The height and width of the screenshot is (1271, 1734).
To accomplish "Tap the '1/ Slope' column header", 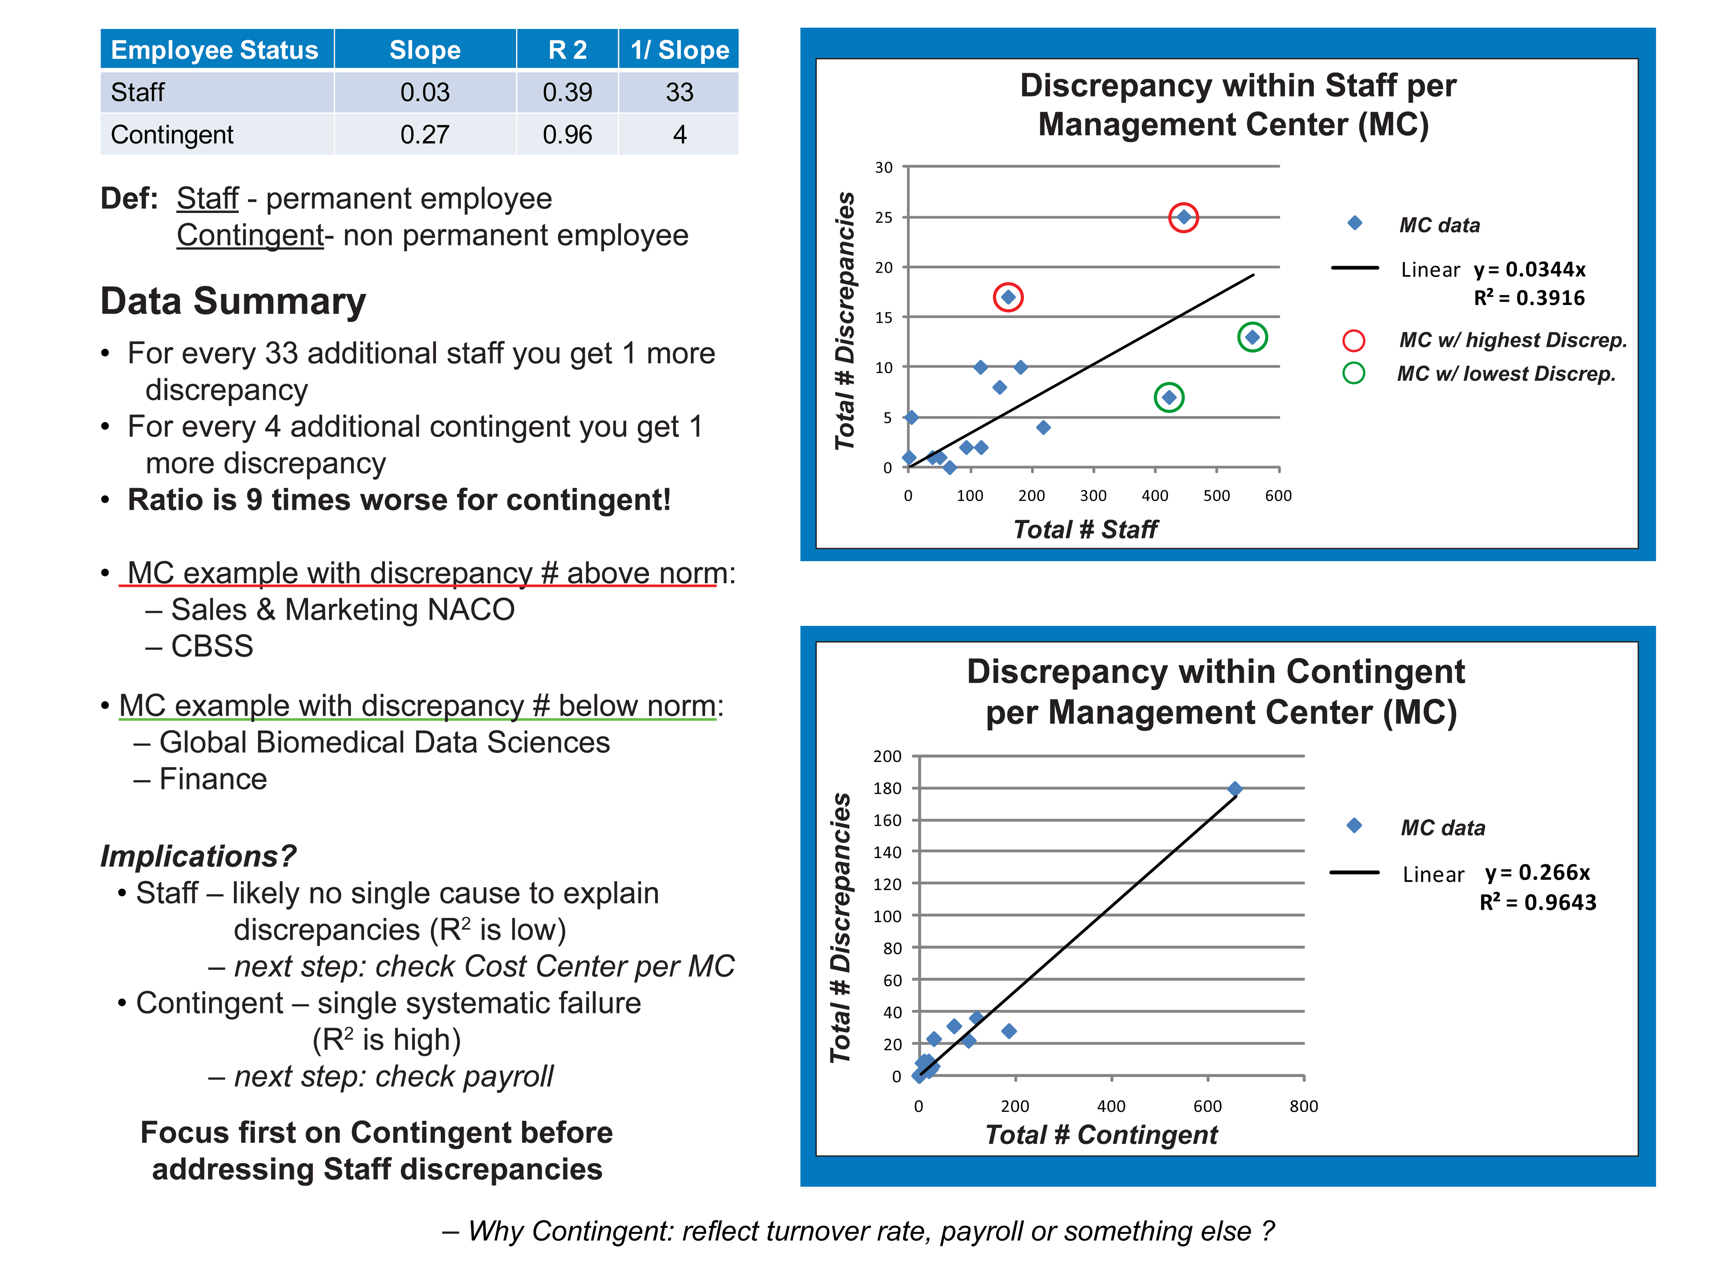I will pos(679,50).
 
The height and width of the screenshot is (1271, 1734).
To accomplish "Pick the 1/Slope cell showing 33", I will pos(679,92).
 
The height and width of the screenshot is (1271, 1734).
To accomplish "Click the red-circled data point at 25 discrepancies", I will pos(1183,218).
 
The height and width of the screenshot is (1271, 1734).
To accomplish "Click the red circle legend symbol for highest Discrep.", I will pos(1353,340).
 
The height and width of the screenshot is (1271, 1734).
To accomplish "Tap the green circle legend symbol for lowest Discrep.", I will pos(1353,373).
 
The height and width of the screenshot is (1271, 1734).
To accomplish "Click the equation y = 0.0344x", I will pos(1529,269).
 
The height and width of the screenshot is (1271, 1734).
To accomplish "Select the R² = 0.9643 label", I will pos(1537,902).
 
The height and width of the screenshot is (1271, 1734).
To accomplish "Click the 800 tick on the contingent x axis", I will pos(1303,1107).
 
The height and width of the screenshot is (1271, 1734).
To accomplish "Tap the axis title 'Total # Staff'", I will pos(1085,529).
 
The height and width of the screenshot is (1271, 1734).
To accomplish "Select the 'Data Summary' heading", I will pos(233,301).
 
